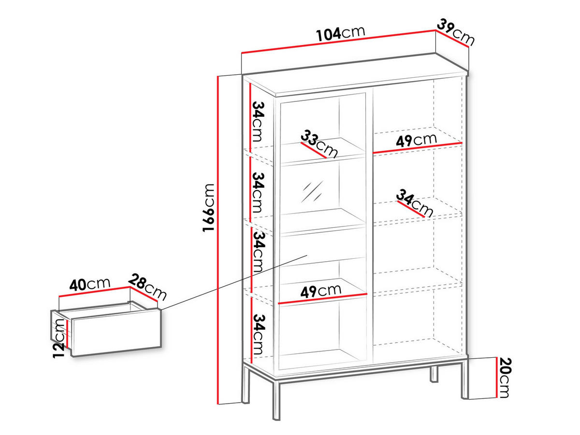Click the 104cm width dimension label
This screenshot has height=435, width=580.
340,33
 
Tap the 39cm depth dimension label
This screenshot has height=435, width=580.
456,31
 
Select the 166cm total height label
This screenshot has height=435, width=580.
208,208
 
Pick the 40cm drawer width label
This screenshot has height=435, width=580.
90,284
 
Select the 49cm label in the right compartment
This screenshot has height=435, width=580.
416,140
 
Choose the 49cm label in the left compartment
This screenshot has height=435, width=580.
320,291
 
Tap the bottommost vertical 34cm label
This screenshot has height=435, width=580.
259,333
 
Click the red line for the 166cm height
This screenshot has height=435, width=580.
219,241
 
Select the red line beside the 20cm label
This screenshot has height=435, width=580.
497,378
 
